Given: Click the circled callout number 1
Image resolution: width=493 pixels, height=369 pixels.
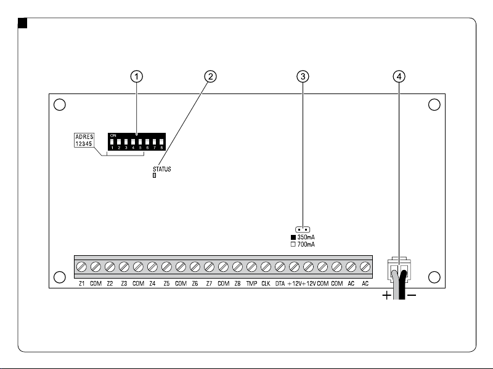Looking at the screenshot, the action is coord(136,76).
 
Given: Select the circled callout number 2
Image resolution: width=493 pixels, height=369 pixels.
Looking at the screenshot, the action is coord(210,76).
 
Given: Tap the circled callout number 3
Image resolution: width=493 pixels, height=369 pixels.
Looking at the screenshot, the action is coord(303,76).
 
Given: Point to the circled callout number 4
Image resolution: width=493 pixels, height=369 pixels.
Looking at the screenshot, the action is coord(399,76).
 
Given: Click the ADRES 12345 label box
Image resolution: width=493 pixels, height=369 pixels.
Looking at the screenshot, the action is coord(84,140).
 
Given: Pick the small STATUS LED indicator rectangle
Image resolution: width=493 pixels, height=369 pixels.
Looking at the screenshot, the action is coord(154,175).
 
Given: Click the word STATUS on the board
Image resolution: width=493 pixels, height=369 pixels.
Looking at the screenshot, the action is coord(162,169).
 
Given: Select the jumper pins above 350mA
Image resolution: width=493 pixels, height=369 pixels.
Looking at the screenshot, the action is coord(303,229).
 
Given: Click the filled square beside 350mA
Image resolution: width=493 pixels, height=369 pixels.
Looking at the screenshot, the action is coord(293,237).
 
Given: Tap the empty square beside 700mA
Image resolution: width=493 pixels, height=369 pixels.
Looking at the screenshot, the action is coord(293,244).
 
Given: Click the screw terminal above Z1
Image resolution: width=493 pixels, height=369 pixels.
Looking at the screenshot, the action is coord(81,267).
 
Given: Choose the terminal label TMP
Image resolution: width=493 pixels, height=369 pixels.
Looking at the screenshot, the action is coord(251,284).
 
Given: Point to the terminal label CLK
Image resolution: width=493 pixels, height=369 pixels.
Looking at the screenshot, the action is coord(266,284).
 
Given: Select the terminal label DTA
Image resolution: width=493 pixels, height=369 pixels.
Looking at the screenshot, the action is coord(280,284).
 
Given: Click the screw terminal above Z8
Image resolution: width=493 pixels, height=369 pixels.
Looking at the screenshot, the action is coord(237,267).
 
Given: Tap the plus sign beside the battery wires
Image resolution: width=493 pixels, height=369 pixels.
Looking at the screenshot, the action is coord(386,295).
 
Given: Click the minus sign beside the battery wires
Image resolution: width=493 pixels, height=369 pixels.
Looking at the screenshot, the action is coord(412,295).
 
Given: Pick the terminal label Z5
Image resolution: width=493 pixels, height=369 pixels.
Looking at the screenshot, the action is coord(166,284).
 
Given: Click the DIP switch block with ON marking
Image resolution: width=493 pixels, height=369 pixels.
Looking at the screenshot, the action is coord(136,141).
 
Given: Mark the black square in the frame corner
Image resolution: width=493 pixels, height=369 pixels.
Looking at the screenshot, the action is coord(23,23).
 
